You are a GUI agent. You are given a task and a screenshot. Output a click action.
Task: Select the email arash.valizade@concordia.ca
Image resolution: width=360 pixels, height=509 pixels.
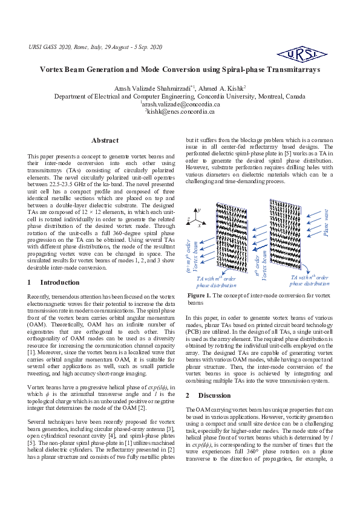(x=180, y=104)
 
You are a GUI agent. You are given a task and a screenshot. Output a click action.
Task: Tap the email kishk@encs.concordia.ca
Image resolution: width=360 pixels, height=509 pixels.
(x=180, y=111)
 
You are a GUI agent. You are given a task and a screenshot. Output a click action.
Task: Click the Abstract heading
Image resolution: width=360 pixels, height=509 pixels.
(x=105, y=140)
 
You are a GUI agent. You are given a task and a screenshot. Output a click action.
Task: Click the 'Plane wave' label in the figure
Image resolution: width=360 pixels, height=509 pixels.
(x=327, y=222)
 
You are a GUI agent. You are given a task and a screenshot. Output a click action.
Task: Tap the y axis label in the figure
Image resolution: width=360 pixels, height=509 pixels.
(x=199, y=209)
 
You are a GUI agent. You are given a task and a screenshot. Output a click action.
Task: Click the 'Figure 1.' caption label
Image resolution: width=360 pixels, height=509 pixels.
(x=200, y=295)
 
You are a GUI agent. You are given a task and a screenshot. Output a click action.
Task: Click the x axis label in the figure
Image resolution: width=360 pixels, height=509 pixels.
(x=199, y=224)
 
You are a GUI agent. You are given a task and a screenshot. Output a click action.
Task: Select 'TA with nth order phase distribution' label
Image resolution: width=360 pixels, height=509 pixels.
(x=309, y=280)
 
